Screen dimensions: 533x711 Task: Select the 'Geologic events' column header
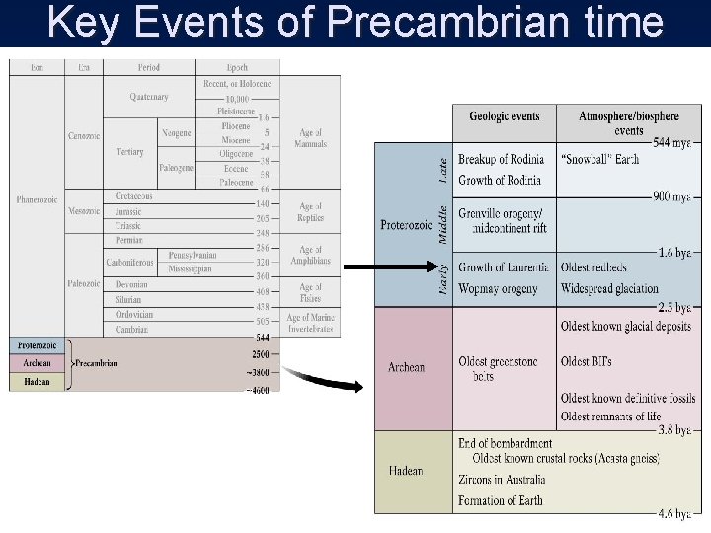[x=504, y=116]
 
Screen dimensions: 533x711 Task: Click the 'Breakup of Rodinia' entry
[x=502, y=160]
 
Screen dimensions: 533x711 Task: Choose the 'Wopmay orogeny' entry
[x=499, y=289]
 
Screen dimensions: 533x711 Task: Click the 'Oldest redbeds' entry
[x=593, y=268]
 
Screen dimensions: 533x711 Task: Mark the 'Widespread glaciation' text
[x=609, y=289]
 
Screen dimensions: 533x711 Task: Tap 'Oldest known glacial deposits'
[x=625, y=327]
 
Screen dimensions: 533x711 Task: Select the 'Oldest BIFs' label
[x=586, y=361]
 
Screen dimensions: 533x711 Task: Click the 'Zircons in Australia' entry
[x=502, y=480]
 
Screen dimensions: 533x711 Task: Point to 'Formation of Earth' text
[x=501, y=501]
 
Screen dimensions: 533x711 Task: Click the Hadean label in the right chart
[x=405, y=471]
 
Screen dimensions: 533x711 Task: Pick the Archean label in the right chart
[x=406, y=368]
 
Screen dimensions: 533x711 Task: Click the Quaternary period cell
[x=148, y=97]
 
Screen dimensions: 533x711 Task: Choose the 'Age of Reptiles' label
[x=310, y=211]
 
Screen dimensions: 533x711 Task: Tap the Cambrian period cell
[x=132, y=330]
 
